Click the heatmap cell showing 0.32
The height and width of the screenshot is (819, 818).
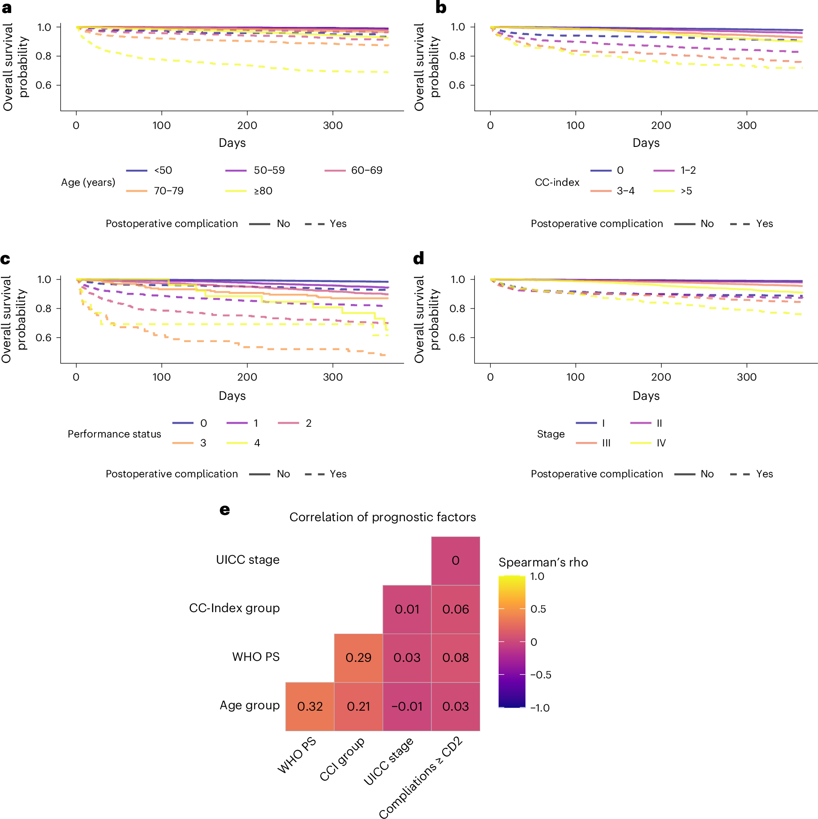[310, 706]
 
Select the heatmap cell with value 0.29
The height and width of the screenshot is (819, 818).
[358, 657]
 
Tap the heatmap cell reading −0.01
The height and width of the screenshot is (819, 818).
[407, 706]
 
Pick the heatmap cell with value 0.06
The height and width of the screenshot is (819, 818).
[455, 609]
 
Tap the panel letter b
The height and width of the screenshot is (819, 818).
[441, 8]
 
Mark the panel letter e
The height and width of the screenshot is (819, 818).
[224, 510]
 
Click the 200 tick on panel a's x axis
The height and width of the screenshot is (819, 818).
[247, 125]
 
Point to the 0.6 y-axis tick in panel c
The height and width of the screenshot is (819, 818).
[43, 338]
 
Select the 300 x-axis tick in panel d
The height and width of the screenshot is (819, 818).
[746, 377]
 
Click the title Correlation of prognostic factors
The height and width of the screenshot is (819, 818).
[383, 517]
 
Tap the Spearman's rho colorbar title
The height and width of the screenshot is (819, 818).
[543, 562]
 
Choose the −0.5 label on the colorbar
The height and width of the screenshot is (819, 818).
[541, 675]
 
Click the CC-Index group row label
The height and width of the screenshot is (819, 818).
[234, 608]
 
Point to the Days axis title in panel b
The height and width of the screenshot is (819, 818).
[646, 143]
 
